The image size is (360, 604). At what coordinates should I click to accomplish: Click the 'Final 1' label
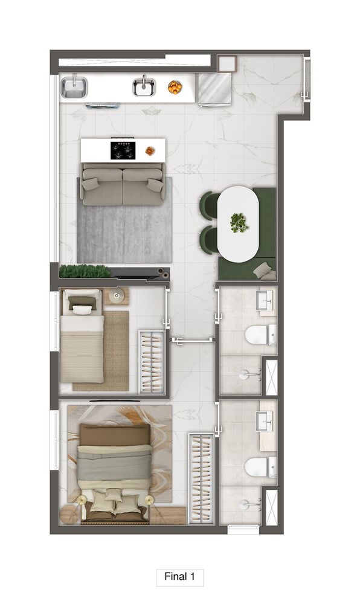pyautogui.click(x=179, y=576)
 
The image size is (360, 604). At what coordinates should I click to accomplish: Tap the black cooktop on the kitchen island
pyautogui.click(x=123, y=150)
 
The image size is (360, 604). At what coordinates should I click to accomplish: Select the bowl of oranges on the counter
pyautogui.click(x=175, y=88)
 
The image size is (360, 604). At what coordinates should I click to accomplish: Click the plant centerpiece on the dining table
pyautogui.click(x=239, y=223)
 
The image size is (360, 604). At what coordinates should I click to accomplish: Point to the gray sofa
pyautogui.click(x=123, y=184)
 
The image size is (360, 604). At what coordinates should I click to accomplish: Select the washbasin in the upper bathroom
pyautogui.click(x=265, y=298)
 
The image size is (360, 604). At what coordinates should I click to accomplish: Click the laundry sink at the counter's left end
pyautogui.click(x=74, y=88)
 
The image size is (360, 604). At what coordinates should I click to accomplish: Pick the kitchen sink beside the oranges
pyautogui.click(x=144, y=86)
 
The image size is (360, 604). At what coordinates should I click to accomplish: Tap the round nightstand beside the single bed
pyautogui.click(x=117, y=296)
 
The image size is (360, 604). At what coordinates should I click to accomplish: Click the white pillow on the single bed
pyautogui.click(x=83, y=310)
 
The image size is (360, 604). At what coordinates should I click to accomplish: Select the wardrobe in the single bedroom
pyautogui.click(x=152, y=362)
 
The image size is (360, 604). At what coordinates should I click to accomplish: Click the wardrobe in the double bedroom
pyautogui.click(x=201, y=478)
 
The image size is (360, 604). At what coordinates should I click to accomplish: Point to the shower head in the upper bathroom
pyautogui.click(x=244, y=374)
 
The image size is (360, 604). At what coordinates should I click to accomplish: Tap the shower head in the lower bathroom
pyautogui.click(x=244, y=504)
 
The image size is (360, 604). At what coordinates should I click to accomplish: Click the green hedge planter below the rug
pyautogui.click(x=85, y=271)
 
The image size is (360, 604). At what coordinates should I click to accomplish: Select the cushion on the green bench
pyautogui.click(x=265, y=271)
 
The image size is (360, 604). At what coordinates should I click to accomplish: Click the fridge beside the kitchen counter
pyautogui.click(x=214, y=89)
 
